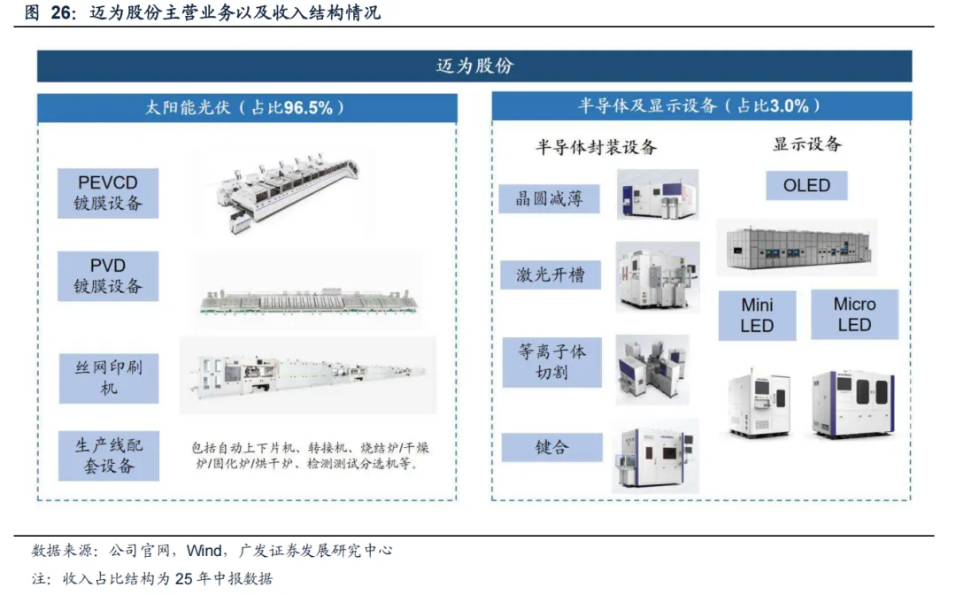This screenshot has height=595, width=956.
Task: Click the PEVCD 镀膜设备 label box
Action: click(x=108, y=193)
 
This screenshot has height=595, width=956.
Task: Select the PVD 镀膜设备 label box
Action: click(x=108, y=276)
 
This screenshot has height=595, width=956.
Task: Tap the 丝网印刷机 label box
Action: click(x=109, y=378)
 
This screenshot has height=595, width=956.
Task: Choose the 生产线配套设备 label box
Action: click(x=109, y=456)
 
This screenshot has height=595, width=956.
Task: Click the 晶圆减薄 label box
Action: click(x=549, y=198)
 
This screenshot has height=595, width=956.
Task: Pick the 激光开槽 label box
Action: click(x=551, y=275)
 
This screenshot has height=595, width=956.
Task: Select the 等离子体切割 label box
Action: click(x=551, y=362)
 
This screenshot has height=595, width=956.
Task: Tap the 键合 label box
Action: click(x=551, y=447)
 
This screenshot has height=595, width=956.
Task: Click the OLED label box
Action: click(x=806, y=185)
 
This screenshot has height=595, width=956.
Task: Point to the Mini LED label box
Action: click(x=757, y=315)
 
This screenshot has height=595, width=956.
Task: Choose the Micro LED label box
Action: click(x=854, y=314)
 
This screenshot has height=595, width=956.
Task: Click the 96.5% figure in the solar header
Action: click(x=309, y=108)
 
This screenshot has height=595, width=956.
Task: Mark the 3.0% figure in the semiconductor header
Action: click(x=789, y=106)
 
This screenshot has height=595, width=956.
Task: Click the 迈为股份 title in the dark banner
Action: click(x=475, y=66)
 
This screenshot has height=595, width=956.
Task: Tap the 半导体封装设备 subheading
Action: click(x=596, y=147)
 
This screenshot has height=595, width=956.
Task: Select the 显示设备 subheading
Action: click(x=807, y=144)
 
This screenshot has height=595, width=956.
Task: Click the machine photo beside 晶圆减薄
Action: click(x=657, y=195)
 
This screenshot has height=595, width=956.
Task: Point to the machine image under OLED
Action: click(x=798, y=248)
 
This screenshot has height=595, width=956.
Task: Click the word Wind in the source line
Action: click(x=204, y=551)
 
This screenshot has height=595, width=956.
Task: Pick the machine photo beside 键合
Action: click(x=655, y=456)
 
